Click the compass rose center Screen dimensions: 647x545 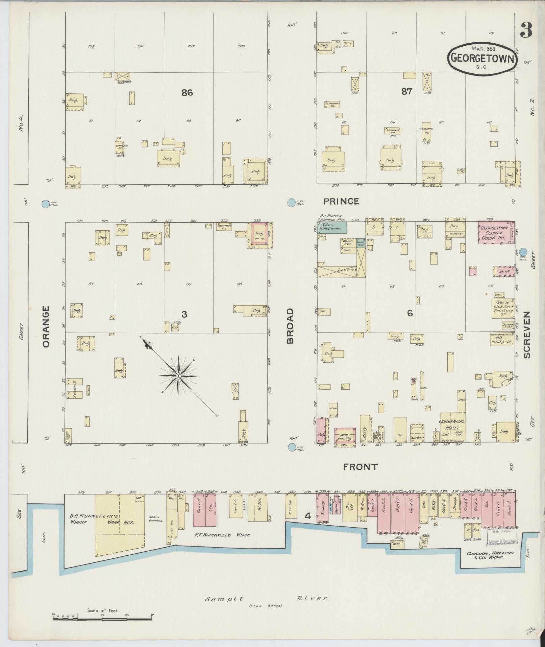tap(178, 376)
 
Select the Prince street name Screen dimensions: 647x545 tap(341, 202)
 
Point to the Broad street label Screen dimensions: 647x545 tap(291, 326)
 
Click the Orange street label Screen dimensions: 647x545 tap(46, 326)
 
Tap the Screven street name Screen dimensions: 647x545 tap(527, 334)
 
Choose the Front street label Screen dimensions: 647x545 tap(360, 467)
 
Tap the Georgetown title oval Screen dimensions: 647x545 tap(482, 58)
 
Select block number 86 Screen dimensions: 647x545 tap(187, 92)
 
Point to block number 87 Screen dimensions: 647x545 tap(406, 91)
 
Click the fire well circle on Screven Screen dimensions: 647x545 tap(523, 252)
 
